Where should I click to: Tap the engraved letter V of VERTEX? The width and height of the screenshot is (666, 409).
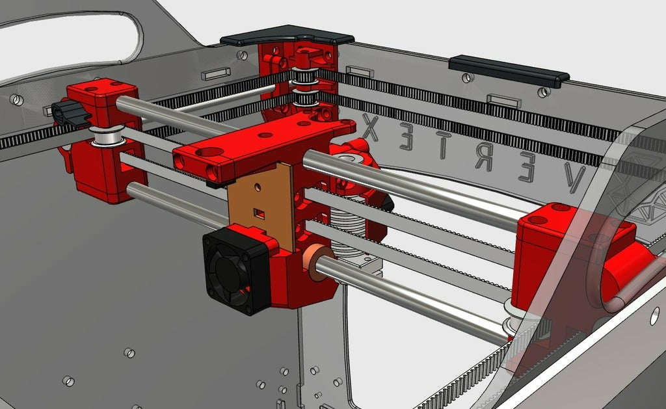(x=574, y=178)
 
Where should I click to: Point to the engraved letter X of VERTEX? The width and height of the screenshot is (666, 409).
(x=371, y=127)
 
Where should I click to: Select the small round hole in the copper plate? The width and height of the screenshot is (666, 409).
(x=257, y=186)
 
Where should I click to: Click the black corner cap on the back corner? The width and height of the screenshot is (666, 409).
(x=287, y=36)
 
